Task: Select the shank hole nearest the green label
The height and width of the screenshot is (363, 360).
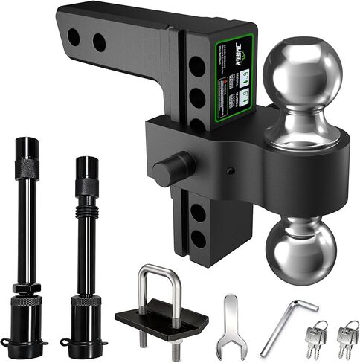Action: point(99,42)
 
